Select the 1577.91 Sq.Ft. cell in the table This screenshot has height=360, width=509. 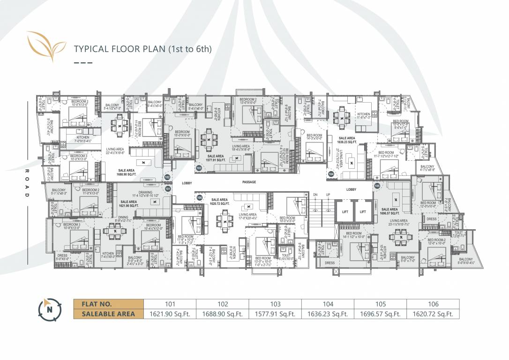[275, 314]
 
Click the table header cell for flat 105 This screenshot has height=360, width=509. [381, 304]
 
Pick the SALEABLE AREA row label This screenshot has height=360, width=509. [108, 314]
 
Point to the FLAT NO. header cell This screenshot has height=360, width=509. [108, 304]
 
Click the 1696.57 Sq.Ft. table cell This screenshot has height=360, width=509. [381, 314]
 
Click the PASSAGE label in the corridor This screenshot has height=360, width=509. [249, 182]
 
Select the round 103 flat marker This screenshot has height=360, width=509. [199, 167]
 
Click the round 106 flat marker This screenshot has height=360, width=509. [199, 197]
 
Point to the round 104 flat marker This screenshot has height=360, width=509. [331, 174]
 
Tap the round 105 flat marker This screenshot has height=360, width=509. [377, 186]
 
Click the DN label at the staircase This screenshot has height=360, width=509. [315, 194]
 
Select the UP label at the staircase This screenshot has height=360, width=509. [328, 194]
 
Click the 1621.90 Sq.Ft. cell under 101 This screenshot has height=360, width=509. [170, 314]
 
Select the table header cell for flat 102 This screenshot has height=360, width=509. [223, 304]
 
